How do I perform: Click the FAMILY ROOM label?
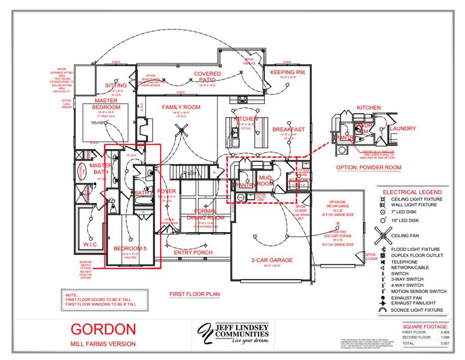coord(181,107)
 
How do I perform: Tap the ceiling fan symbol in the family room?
coord(182,130)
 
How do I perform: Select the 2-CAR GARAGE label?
coord(272,260)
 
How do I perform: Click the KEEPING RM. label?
coord(288,72)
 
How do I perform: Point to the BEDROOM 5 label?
coord(130,248)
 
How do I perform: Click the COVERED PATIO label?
coord(207,77)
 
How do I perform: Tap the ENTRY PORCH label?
coord(193,252)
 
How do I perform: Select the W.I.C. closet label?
coord(90,244)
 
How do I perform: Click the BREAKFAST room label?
coord(288,129)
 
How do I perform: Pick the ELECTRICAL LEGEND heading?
coord(412,192)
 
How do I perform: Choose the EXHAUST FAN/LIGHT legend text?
coord(413,303)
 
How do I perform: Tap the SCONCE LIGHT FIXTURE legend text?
coord(417,310)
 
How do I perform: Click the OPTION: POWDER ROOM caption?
coord(368,168)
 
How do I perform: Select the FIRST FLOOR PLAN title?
coord(194,294)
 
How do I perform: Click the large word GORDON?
coord(103,329)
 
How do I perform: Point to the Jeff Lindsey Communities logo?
coord(233,333)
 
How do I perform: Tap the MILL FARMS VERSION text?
coord(103,344)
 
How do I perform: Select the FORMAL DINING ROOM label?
coord(205,214)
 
